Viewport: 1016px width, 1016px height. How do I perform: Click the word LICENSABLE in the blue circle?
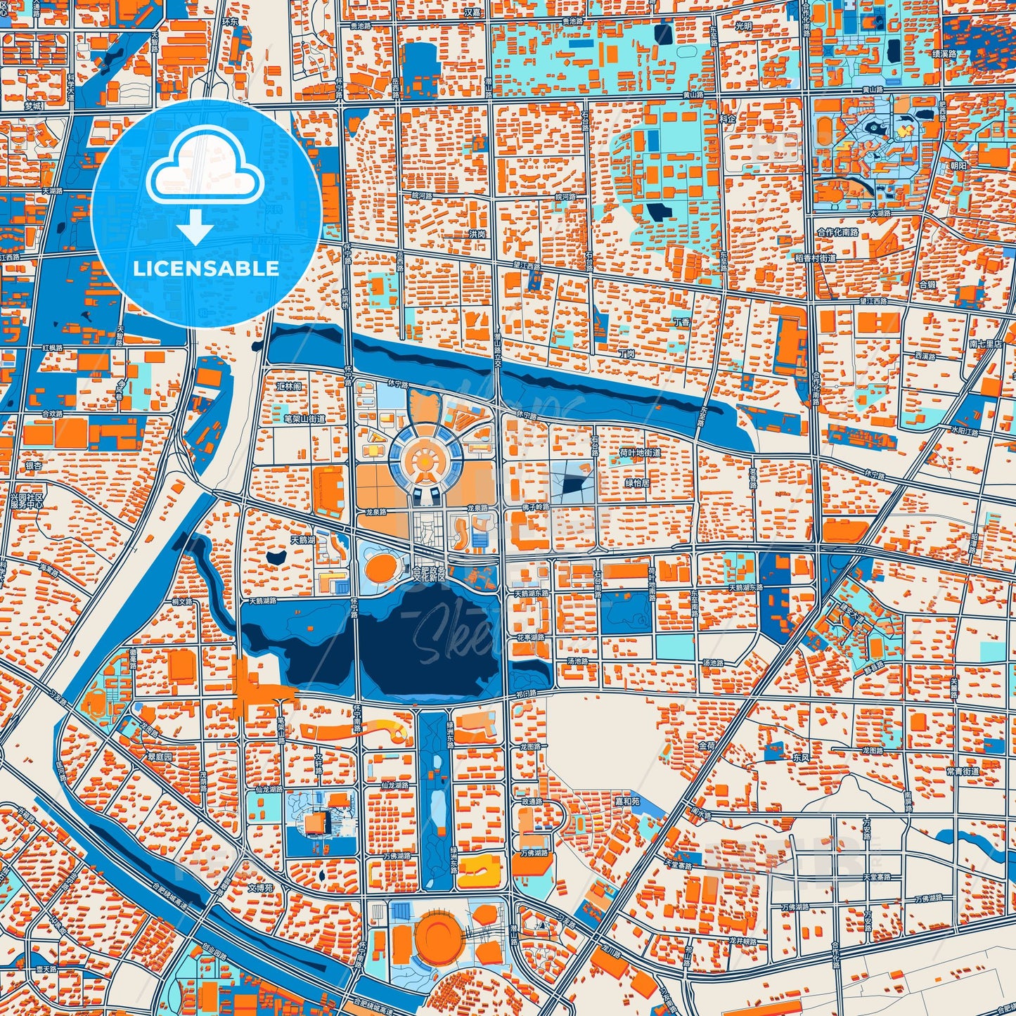tap(206, 269)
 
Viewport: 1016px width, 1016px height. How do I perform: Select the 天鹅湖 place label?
tap(304, 541)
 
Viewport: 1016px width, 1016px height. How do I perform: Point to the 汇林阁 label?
tap(289, 387)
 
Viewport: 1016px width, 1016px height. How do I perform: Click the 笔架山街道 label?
tap(304, 419)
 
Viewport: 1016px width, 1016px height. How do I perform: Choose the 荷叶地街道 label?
tap(640, 453)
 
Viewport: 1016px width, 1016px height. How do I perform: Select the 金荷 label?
tap(706, 745)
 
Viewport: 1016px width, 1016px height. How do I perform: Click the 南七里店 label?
tap(985, 344)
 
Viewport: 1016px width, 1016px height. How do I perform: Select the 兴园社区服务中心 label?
tap(27, 501)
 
